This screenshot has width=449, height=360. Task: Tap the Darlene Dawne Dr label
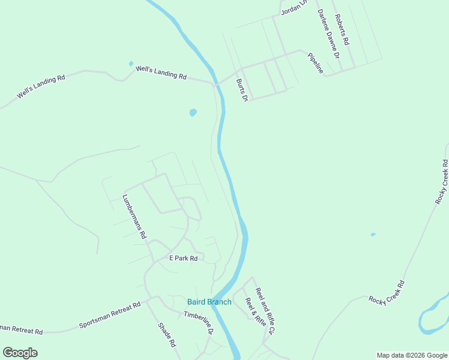329,34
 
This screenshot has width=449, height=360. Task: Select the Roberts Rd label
342,31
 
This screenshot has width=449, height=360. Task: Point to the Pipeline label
315,64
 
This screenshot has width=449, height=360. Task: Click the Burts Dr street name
242,90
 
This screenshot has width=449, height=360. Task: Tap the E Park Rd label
183,258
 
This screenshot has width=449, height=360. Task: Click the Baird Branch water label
209,302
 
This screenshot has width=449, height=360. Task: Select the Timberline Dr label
199,323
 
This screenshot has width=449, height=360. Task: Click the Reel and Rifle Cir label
265,311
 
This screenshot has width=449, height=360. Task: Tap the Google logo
20,352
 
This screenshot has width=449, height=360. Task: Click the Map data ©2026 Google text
412,355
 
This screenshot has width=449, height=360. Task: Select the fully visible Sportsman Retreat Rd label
109,316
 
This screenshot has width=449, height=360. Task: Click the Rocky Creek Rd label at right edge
442,181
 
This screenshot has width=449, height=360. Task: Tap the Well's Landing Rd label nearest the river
161,73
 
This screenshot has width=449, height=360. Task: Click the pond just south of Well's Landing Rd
193,112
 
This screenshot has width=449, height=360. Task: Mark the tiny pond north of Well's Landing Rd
131,63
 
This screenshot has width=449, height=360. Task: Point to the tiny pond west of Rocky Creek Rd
373,235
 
